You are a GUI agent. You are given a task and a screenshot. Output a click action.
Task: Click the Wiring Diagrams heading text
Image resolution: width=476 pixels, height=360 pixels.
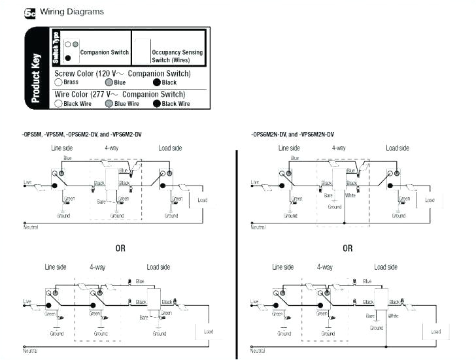click(x=71, y=12)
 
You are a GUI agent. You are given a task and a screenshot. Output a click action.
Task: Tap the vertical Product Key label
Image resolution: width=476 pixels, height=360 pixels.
click(x=35, y=78)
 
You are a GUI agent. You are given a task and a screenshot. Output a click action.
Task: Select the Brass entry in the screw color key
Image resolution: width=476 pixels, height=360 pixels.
click(x=67, y=83)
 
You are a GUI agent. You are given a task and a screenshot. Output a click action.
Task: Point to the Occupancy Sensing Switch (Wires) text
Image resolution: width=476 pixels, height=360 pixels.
click(x=177, y=56)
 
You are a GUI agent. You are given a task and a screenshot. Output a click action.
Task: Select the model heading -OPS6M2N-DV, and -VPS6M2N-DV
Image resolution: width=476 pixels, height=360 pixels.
click(x=297, y=135)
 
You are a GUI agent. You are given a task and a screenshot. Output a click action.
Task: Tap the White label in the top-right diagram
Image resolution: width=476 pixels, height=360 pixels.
click(x=350, y=195)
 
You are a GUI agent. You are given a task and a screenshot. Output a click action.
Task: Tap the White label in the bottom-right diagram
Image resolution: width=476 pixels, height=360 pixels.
click(x=394, y=316)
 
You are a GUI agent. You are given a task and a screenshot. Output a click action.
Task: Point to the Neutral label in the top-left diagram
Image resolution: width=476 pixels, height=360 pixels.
click(x=30, y=227)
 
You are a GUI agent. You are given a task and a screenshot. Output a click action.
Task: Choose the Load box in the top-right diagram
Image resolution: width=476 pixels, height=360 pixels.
click(x=430, y=200)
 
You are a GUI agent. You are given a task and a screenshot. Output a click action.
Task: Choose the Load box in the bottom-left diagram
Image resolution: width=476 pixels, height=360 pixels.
click(x=208, y=332)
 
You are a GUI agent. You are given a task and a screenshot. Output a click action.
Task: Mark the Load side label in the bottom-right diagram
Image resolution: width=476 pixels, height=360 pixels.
click(x=386, y=267)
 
